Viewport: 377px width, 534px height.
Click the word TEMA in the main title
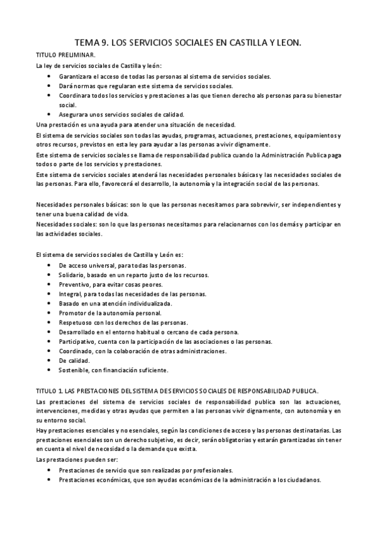point(89,43)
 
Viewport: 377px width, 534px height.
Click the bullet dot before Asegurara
point(50,114)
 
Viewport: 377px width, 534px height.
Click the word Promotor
point(72,313)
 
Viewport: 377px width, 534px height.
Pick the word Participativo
point(76,341)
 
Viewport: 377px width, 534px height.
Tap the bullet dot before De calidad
point(50,360)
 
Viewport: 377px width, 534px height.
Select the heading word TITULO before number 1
point(48,390)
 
